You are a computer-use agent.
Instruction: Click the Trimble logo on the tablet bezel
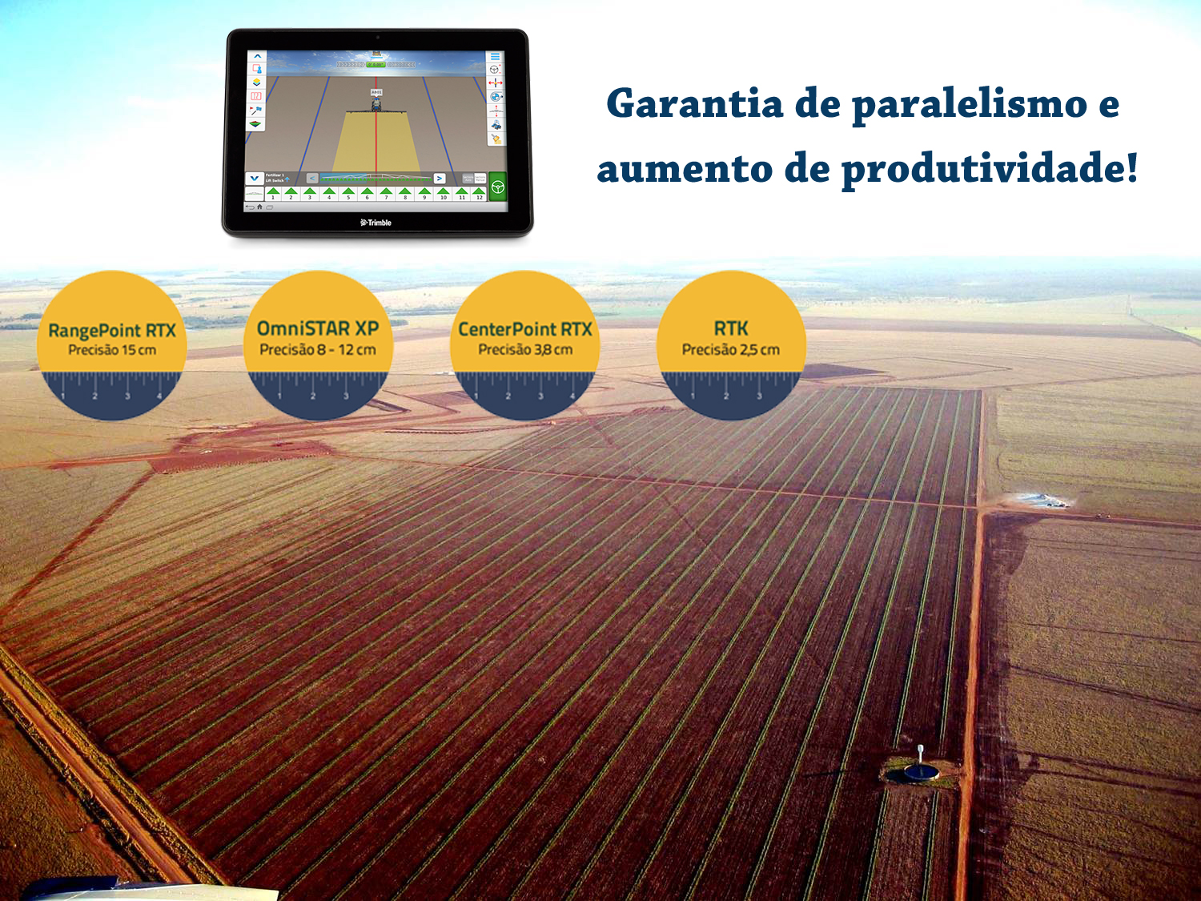(376, 223)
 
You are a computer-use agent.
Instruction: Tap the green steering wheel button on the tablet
(497, 187)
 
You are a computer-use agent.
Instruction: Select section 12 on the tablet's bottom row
(480, 194)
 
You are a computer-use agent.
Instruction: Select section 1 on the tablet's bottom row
(272, 194)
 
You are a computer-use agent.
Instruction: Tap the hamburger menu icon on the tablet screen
(495, 57)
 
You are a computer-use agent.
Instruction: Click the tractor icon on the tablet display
(376, 102)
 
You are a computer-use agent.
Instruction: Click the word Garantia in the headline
(694, 104)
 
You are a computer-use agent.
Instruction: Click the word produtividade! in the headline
(990, 170)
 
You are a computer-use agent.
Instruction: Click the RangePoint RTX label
(112, 330)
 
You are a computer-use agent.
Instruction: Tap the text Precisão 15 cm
(112, 350)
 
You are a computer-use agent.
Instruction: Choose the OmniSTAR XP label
(318, 328)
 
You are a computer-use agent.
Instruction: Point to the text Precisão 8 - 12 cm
(318, 350)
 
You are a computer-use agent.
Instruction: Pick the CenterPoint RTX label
(524, 329)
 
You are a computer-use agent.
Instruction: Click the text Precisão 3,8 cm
(524, 350)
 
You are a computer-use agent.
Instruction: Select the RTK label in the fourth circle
(731, 328)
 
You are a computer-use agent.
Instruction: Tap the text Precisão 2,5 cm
(731, 350)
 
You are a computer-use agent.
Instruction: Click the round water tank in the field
(921, 771)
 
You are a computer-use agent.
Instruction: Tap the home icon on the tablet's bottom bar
(259, 207)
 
